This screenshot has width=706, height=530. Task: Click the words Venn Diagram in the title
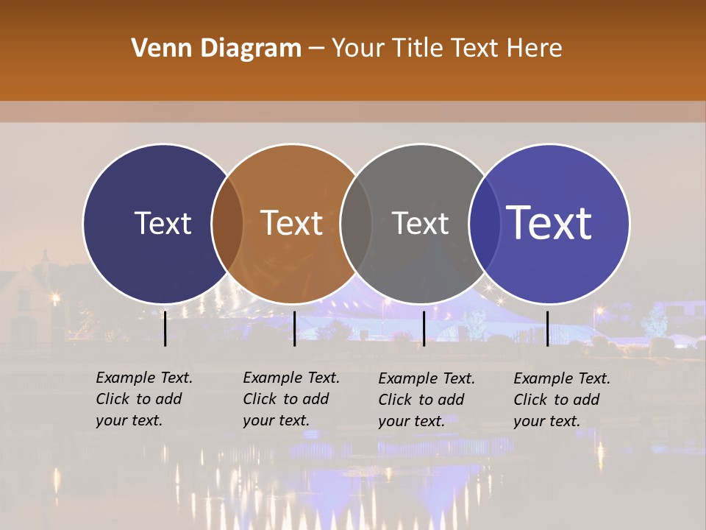(216, 49)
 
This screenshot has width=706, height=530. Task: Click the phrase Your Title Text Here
(446, 49)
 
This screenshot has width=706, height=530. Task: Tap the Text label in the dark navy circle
(163, 224)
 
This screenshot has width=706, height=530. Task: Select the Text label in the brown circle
(292, 224)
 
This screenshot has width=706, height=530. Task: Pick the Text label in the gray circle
(421, 224)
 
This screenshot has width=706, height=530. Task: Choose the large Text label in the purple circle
(549, 223)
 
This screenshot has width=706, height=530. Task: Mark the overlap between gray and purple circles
(485, 224)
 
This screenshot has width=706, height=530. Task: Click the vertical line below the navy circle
(165, 328)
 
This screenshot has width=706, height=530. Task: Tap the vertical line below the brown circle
(294, 328)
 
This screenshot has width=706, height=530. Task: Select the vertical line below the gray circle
(424, 328)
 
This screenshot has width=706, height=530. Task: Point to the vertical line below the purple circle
(547, 328)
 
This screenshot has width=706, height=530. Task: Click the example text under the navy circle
(144, 399)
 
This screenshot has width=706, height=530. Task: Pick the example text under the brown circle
(291, 399)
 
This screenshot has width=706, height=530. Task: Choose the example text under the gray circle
(427, 400)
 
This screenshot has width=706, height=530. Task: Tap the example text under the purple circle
(562, 400)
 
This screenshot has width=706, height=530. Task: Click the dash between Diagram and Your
(316, 49)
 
